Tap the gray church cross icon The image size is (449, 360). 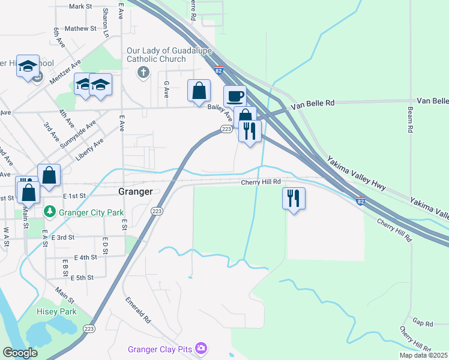[143, 73]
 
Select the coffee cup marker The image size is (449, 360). [235, 95]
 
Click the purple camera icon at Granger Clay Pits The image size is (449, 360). [200, 348]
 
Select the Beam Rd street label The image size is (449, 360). [410, 120]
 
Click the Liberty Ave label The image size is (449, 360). [89, 149]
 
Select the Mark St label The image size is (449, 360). [80, 7]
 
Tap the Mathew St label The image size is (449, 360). [80, 28]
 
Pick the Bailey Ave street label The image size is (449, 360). [220, 109]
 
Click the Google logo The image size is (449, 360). [20, 353]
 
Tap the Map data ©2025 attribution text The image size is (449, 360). [423, 355]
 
